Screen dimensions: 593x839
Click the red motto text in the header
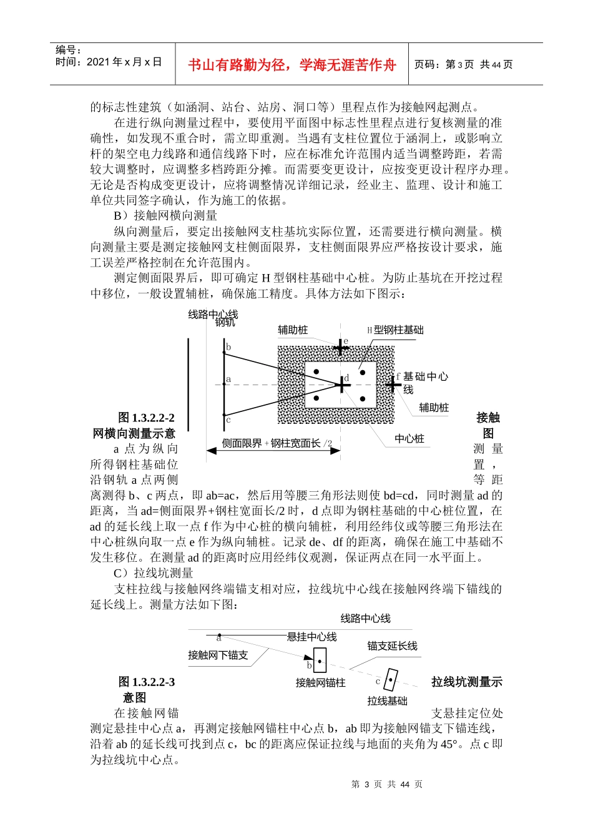tap(292, 65)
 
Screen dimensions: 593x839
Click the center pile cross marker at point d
tap(342, 385)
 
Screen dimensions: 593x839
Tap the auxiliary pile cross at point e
tap(340, 347)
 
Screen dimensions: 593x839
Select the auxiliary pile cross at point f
tap(393, 385)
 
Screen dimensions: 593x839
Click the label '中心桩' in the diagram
tap(409, 439)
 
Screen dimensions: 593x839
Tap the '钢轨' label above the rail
tap(225, 323)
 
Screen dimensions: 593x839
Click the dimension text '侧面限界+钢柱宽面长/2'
tap(277, 443)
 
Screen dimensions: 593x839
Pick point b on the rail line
tap(224, 354)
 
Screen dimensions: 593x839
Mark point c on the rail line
tap(224, 414)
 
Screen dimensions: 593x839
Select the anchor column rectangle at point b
tap(320, 660)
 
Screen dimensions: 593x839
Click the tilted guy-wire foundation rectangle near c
tap(390, 680)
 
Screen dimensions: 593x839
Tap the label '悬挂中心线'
tap(311, 637)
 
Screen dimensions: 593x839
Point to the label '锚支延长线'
tap(392, 646)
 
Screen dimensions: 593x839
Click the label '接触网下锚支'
tap(218, 655)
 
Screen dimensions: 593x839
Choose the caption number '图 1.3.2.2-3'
tap(147, 682)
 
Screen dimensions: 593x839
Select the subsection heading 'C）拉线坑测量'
tap(154, 573)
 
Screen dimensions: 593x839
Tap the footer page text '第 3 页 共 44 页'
tap(387, 785)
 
